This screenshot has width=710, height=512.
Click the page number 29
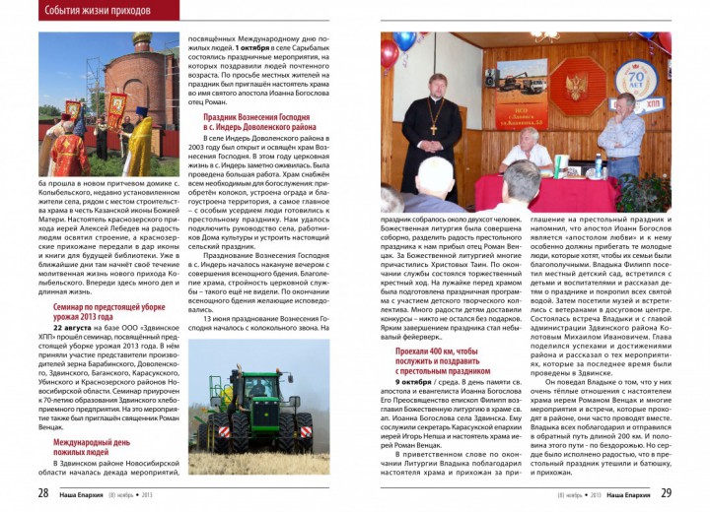point(667,492)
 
